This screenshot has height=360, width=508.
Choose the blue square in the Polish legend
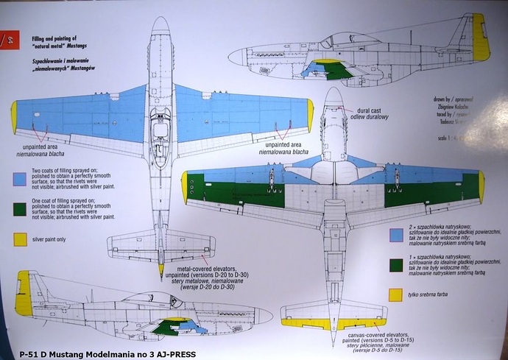(x=398, y=234)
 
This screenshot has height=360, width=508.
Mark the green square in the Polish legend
(x=398, y=264)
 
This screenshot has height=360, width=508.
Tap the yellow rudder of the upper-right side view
(x=481, y=38)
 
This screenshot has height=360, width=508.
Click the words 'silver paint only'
(x=58, y=239)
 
